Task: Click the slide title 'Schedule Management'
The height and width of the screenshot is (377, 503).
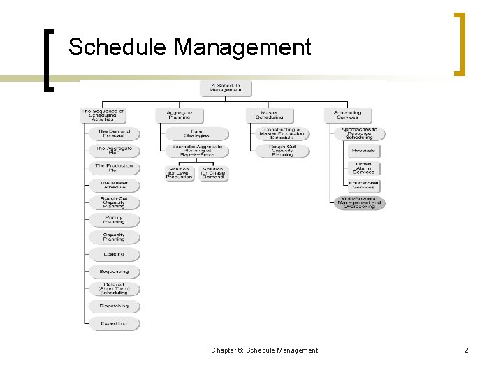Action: pyautogui.click(x=189, y=47)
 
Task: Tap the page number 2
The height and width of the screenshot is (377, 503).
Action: pyautogui.click(x=466, y=350)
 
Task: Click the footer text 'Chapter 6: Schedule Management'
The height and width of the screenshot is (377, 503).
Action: pyautogui.click(x=264, y=350)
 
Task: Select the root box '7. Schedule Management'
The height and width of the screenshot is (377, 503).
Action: pyautogui.click(x=225, y=88)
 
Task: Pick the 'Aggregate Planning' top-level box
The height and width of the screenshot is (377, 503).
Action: pyautogui.click(x=179, y=115)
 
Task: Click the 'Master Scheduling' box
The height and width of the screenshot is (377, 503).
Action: pyautogui.click(x=269, y=115)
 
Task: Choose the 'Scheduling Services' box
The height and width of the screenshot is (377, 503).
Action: pyautogui.click(x=347, y=115)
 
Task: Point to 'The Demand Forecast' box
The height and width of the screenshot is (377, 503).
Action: pyautogui.click(x=114, y=133)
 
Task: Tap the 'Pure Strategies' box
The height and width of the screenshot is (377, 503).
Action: pyautogui.click(x=197, y=133)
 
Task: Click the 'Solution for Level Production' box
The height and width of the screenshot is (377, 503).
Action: pyautogui.click(x=180, y=172)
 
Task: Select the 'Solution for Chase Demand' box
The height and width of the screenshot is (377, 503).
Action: pyautogui.click(x=213, y=172)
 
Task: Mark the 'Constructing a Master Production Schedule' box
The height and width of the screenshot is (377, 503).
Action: pyautogui.click(x=282, y=133)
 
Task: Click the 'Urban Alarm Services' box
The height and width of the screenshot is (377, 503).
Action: pyautogui.click(x=363, y=168)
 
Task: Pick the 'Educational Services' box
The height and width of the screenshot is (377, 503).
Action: pyautogui.click(x=363, y=185)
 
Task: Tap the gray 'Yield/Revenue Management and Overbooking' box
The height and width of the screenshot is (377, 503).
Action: pyautogui.click(x=359, y=202)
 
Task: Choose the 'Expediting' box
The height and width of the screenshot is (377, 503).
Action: pyautogui.click(x=114, y=324)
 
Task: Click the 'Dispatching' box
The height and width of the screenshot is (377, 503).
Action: pyautogui.click(x=114, y=306)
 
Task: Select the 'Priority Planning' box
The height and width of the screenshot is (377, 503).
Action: pyautogui.click(x=114, y=220)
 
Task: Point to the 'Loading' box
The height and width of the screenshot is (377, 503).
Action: pyautogui.click(x=114, y=255)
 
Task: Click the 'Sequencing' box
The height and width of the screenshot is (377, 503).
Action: pyautogui.click(x=114, y=272)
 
